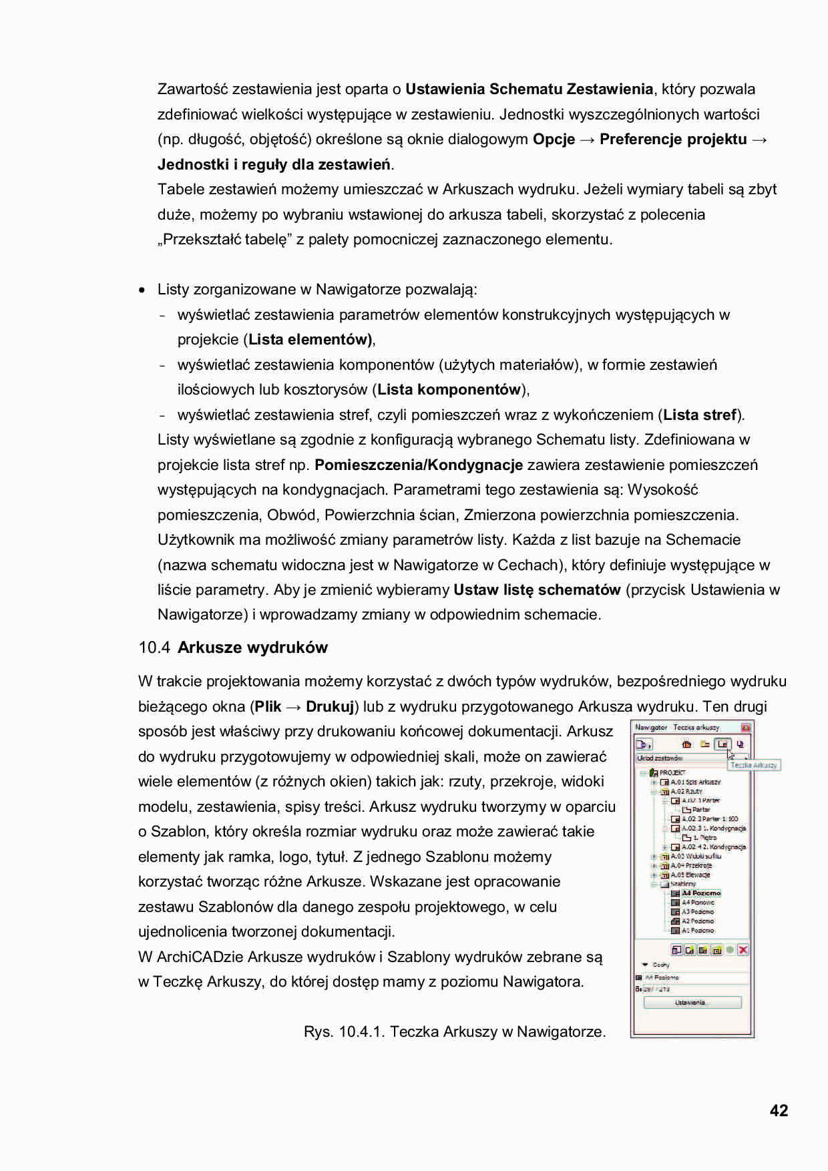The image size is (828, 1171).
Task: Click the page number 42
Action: [x=779, y=1110]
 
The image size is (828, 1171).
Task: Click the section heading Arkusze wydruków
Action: [x=252, y=648]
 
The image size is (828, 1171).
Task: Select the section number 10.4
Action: [x=154, y=648]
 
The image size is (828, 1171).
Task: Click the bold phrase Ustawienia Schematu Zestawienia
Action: [x=529, y=89]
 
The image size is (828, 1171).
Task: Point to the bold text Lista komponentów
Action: [x=449, y=389]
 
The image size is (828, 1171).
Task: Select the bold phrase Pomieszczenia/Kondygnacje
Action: [x=419, y=465]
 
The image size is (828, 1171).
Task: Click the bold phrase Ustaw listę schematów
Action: [x=537, y=590]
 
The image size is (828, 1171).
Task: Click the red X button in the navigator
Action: [x=743, y=950]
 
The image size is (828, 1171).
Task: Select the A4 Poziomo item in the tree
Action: [x=700, y=893]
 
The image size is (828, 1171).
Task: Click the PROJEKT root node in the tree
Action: [x=672, y=772]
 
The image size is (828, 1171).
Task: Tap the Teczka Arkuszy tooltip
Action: [x=754, y=765]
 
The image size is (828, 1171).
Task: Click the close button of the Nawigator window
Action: [x=746, y=727]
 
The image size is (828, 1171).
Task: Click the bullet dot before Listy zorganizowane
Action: [x=142, y=290]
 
